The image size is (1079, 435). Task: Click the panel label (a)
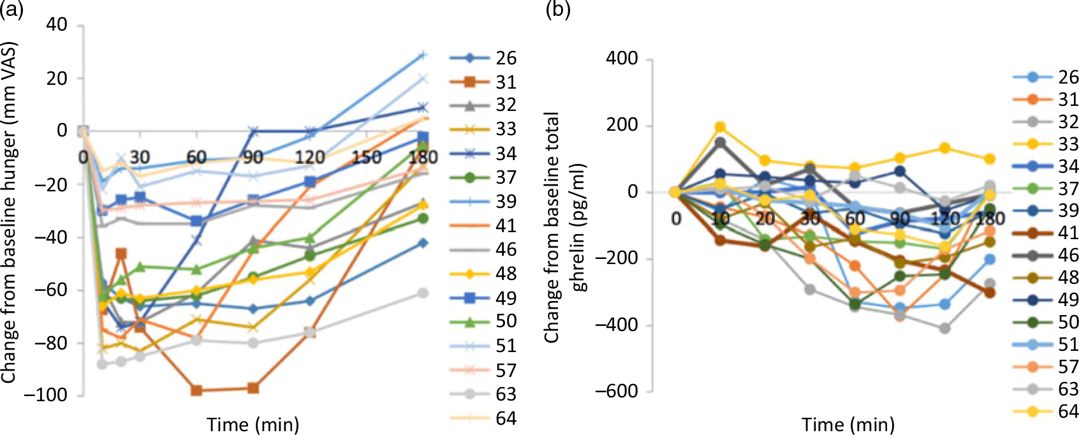click(11, 9)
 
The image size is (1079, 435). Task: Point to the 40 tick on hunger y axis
click(55, 26)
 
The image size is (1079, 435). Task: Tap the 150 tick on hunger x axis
click(367, 157)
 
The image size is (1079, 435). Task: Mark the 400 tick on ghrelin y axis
click(622, 59)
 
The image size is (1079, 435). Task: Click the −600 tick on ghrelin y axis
click(616, 391)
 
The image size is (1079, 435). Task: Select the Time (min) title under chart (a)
click(253, 424)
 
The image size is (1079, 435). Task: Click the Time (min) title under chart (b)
click(848, 424)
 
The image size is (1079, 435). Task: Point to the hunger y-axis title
click(9, 213)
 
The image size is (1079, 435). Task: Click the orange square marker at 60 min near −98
click(196, 391)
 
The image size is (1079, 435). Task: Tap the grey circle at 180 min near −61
click(422, 293)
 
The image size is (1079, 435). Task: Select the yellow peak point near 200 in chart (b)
click(720, 127)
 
